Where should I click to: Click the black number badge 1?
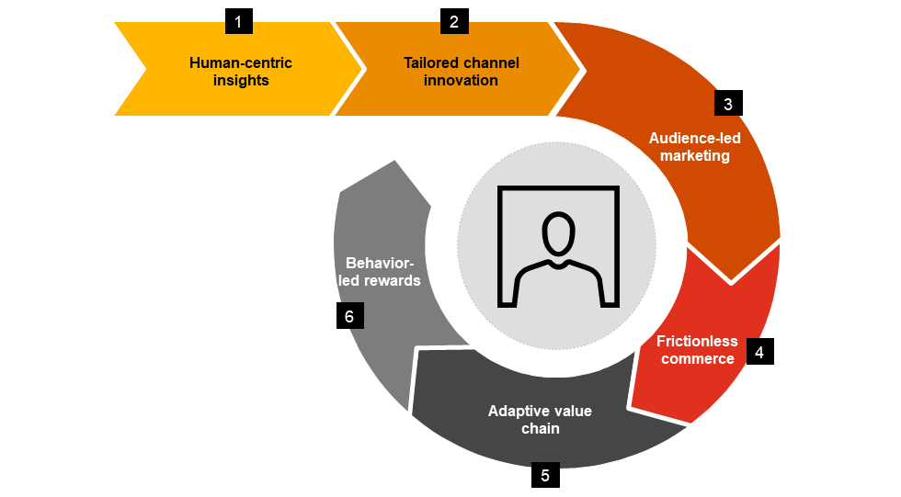pyautogui.click(x=238, y=21)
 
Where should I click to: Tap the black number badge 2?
pyautogui.click(x=454, y=21)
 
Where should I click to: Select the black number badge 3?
pyautogui.click(x=727, y=103)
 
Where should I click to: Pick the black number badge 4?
pyautogui.click(x=759, y=351)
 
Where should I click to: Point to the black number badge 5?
pyautogui.click(x=545, y=475)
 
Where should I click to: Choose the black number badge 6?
pyautogui.click(x=349, y=316)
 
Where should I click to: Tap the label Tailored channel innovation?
pyautogui.click(x=461, y=72)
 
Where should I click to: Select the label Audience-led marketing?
pyautogui.click(x=695, y=147)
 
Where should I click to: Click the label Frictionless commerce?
pyautogui.click(x=697, y=350)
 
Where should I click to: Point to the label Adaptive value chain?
pyautogui.click(x=540, y=419)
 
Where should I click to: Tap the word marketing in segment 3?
pyautogui.click(x=695, y=156)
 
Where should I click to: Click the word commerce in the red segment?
pyautogui.click(x=698, y=359)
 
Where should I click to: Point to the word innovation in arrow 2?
pyautogui.click(x=461, y=81)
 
